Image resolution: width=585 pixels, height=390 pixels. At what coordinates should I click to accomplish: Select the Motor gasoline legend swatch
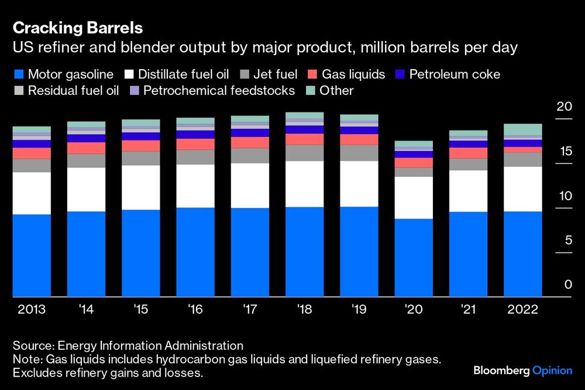(x=19, y=74)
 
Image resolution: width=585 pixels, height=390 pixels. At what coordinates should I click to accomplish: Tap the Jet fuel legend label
(x=276, y=74)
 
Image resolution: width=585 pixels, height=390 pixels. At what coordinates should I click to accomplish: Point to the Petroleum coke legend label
(x=455, y=74)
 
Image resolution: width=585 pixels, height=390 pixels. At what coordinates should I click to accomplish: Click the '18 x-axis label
(x=304, y=309)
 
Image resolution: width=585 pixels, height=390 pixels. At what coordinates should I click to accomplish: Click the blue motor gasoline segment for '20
(x=414, y=258)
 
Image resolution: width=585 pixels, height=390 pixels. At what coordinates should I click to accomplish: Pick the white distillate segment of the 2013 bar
(x=32, y=193)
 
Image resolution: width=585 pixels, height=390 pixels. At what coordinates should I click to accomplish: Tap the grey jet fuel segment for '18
(x=305, y=153)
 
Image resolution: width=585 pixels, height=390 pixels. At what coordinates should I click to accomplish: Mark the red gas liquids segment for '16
(x=195, y=144)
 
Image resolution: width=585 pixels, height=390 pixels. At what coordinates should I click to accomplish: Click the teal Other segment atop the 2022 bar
(x=523, y=129)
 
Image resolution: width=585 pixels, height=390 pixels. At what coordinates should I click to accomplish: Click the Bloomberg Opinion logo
(x=522, y=371)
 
